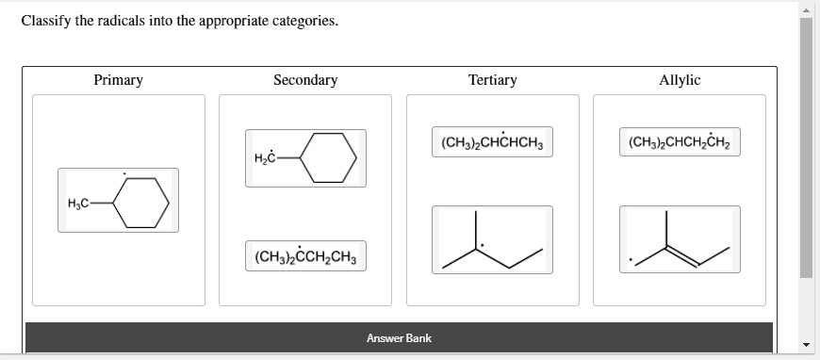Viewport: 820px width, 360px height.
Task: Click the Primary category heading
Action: point(118,80)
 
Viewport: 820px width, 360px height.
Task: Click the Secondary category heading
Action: point(304,80)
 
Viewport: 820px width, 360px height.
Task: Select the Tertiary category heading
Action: point(492,80)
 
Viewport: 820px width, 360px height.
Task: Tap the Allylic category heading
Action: point(680,80)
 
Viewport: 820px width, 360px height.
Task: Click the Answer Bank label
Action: point(399,337)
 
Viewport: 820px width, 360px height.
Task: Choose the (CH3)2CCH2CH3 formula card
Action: point(304,255)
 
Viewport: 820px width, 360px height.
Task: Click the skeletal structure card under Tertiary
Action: point(492,241)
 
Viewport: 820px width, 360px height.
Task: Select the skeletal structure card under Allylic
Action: point(679,241)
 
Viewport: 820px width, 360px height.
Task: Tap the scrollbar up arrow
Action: point(807,8)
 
